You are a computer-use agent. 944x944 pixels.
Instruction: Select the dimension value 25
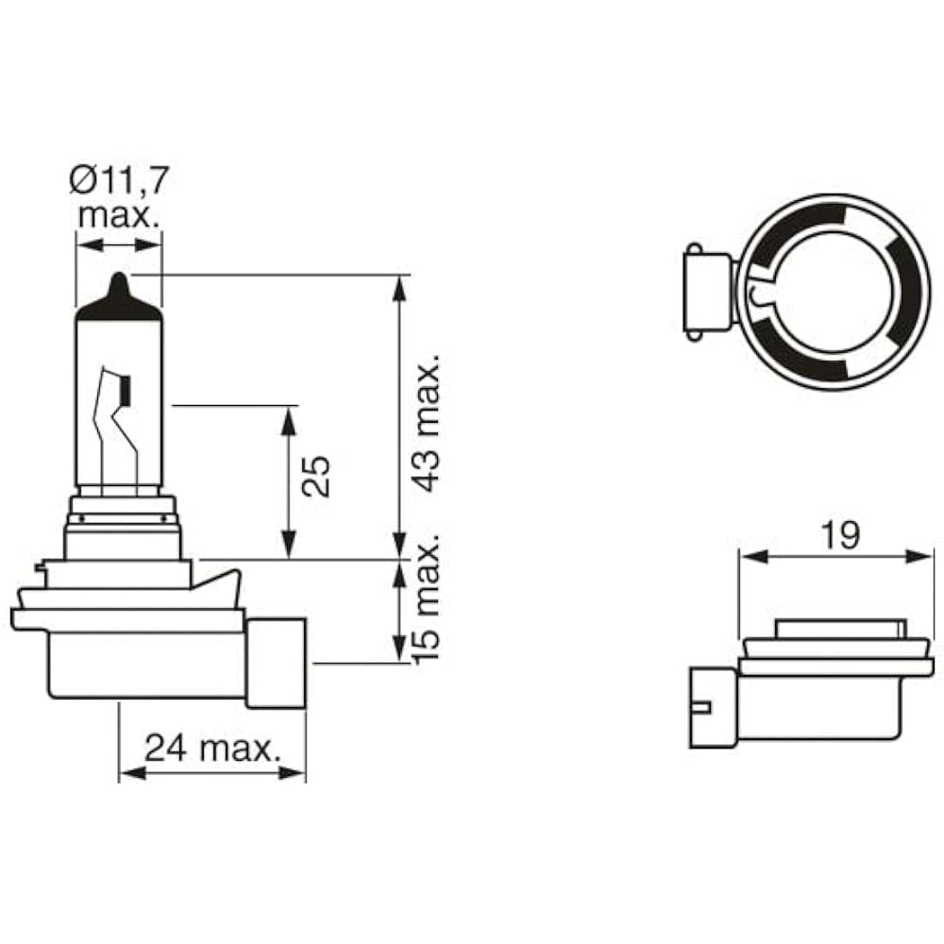tap(319, 477)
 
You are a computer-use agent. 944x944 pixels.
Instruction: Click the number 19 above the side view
tap(840, 535)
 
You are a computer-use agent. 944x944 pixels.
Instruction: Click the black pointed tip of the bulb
tap(119, 287)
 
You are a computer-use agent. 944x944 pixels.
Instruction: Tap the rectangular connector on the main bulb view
tap(276, 663)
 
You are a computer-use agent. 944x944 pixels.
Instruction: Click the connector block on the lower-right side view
tap(713, 707)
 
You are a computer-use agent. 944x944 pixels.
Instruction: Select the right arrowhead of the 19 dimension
tap(924, 556)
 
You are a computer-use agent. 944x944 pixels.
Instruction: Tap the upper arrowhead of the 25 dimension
tap(289, 416)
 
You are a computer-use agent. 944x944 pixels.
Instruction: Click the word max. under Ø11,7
tap(119, 214)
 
